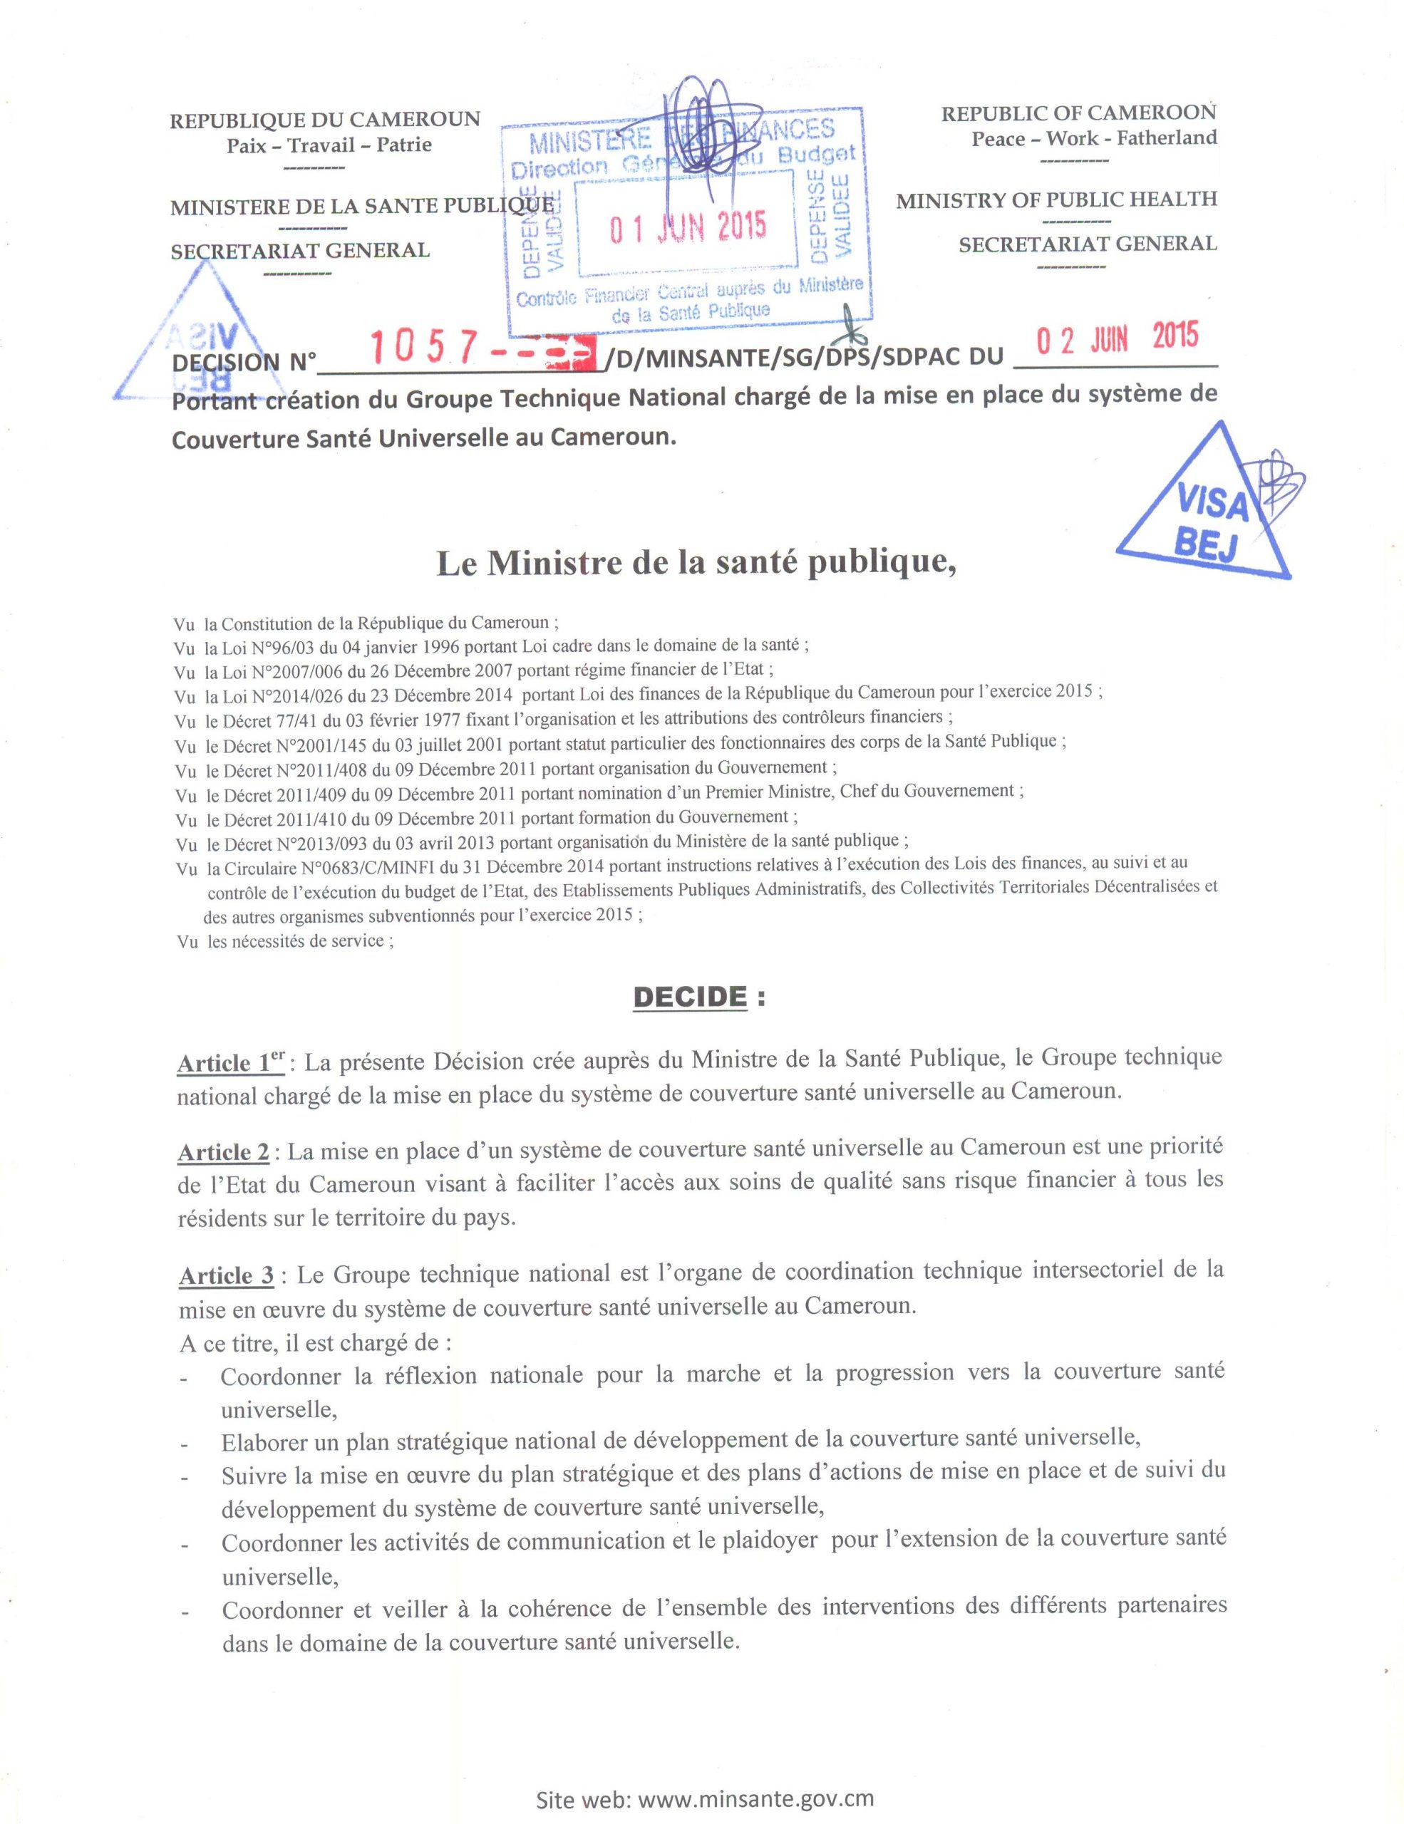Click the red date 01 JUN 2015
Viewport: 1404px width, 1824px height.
(x=686, y=227)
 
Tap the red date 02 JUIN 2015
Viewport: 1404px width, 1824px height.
(x=1117, y=338)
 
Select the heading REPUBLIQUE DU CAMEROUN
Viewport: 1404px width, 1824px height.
(x=325, y=120)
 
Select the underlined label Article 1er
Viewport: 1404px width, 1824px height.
(x=232, y=1062)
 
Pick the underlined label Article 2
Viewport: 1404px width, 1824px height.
(x=224, y=1151)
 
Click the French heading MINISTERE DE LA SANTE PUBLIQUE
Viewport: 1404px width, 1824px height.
(x=361, y=207)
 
